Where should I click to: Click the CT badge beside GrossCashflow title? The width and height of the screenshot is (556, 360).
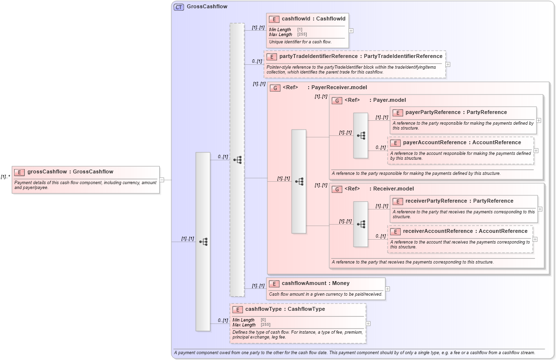[x=179, y=7]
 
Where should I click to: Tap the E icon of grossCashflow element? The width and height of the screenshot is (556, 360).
[x=19, y=172]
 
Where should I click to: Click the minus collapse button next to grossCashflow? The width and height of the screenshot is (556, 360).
[x=162, y=180]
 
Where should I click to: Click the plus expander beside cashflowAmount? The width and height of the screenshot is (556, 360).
[x=388, y=289]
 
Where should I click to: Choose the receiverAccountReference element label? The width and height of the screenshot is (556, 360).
[x=465, y=231]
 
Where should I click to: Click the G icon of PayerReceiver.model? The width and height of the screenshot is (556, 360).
[x=275, y=88]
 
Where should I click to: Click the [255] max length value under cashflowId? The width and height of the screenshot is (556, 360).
[x=302, y=35]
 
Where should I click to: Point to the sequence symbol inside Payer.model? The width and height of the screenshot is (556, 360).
[x=361, y=135]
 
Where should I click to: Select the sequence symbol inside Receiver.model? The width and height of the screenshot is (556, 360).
[x=361, y=224]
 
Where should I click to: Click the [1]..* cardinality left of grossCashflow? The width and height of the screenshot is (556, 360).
[x=5, y=177]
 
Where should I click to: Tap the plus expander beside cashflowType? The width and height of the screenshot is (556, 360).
[x=368, y=323]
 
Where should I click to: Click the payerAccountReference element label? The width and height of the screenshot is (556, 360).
[x=462, y=143]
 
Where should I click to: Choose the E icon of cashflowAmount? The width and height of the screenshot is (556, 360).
[x=274, y=284]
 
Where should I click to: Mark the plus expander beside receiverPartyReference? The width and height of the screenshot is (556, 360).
[x=539, y=209]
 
